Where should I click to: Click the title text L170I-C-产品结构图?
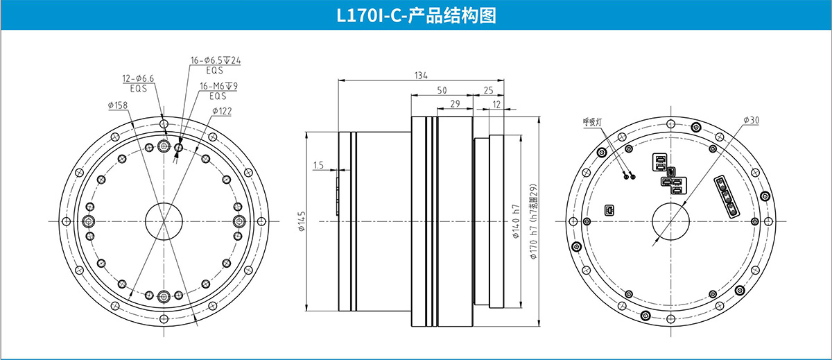(x=416, y=15)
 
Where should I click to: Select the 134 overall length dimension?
(x=420, y=76)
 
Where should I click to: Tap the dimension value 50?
(x=442, y=90)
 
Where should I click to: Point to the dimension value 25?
(x=488, y=90)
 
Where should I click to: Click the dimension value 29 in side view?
(x=455, y=104)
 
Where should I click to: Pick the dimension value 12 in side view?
(x=496, y=104)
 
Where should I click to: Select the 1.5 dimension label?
(x=318, y=165)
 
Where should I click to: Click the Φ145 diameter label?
(x=302, y=222)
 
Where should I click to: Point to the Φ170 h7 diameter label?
(x=533, y=221)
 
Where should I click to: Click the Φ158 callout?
(x=118, y=105)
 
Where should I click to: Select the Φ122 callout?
(x=221, y=111)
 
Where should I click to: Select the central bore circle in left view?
(x=164, y=221)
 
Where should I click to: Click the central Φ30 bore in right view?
(x=671, y=221)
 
